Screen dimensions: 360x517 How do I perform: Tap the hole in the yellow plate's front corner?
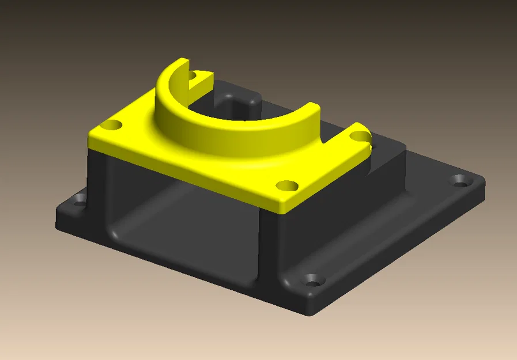286,185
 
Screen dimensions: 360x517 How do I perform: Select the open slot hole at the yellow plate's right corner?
360,137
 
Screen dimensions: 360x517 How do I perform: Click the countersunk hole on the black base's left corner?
77,202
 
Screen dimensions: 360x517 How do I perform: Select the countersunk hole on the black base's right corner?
460,181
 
